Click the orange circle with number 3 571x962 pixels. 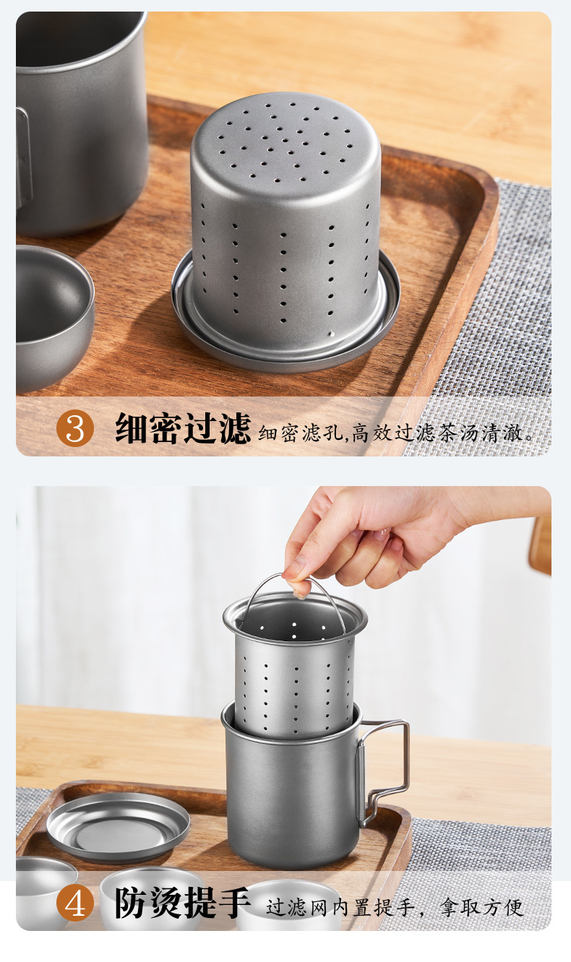(x=75, y=428)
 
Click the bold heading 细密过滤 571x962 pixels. (x=183, y=428)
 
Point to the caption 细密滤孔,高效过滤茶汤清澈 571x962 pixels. (x=395, y=433)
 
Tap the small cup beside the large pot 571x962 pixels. (x=53, y=318)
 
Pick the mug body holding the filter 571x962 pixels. (x=292, y=790)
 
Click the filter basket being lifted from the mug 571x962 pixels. (x=296, y=670)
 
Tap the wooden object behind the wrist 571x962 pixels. (x=541, y=545)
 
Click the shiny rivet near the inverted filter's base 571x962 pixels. (x=331, y=333)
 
